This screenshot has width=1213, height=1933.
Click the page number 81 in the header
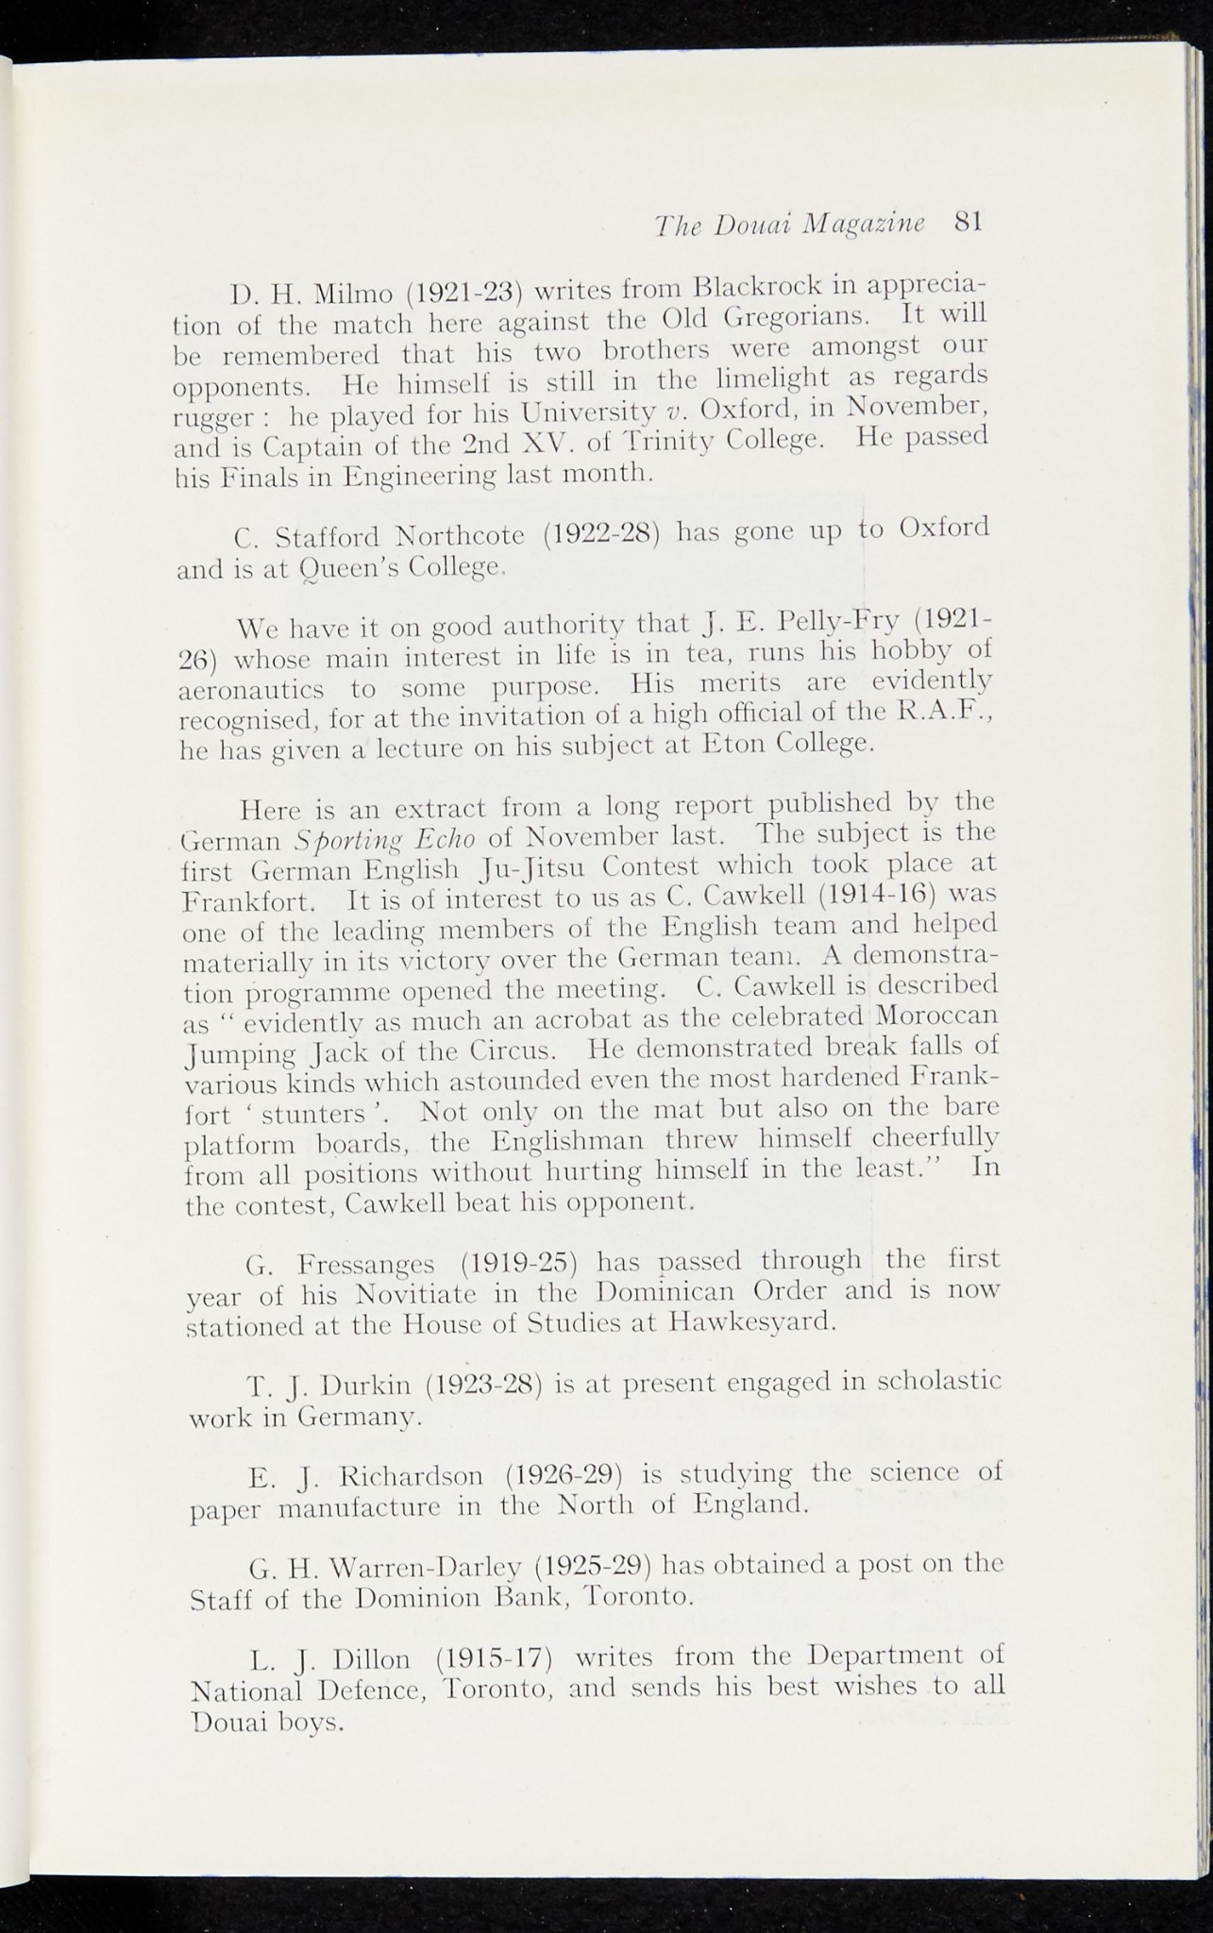tap(969, 222)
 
